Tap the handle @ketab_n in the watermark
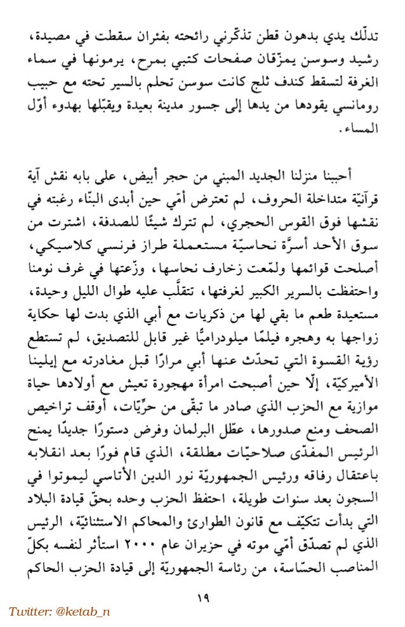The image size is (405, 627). pyautogui.click(x=84, y=611)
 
